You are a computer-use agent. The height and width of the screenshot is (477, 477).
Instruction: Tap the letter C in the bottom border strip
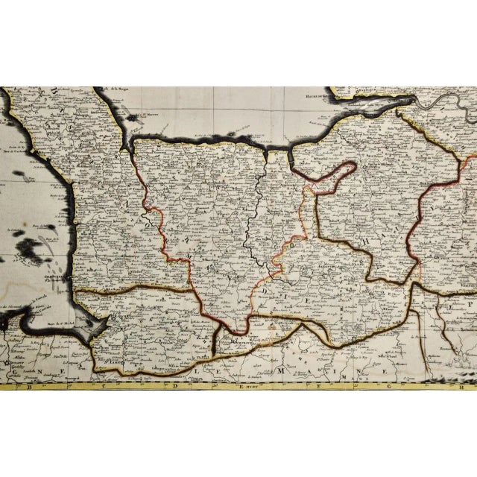100,388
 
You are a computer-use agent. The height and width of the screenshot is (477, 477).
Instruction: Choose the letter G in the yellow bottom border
390,388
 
